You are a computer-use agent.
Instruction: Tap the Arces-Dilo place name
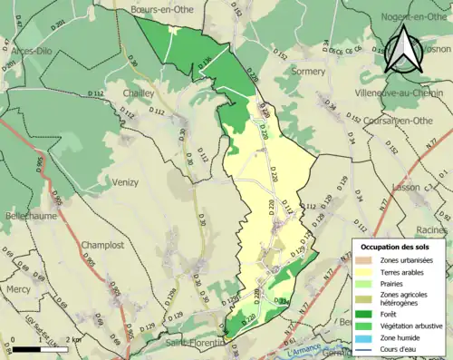point(30,51)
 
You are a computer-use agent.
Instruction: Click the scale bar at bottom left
point(39,348)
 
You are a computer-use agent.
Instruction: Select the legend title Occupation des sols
point(396,247)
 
